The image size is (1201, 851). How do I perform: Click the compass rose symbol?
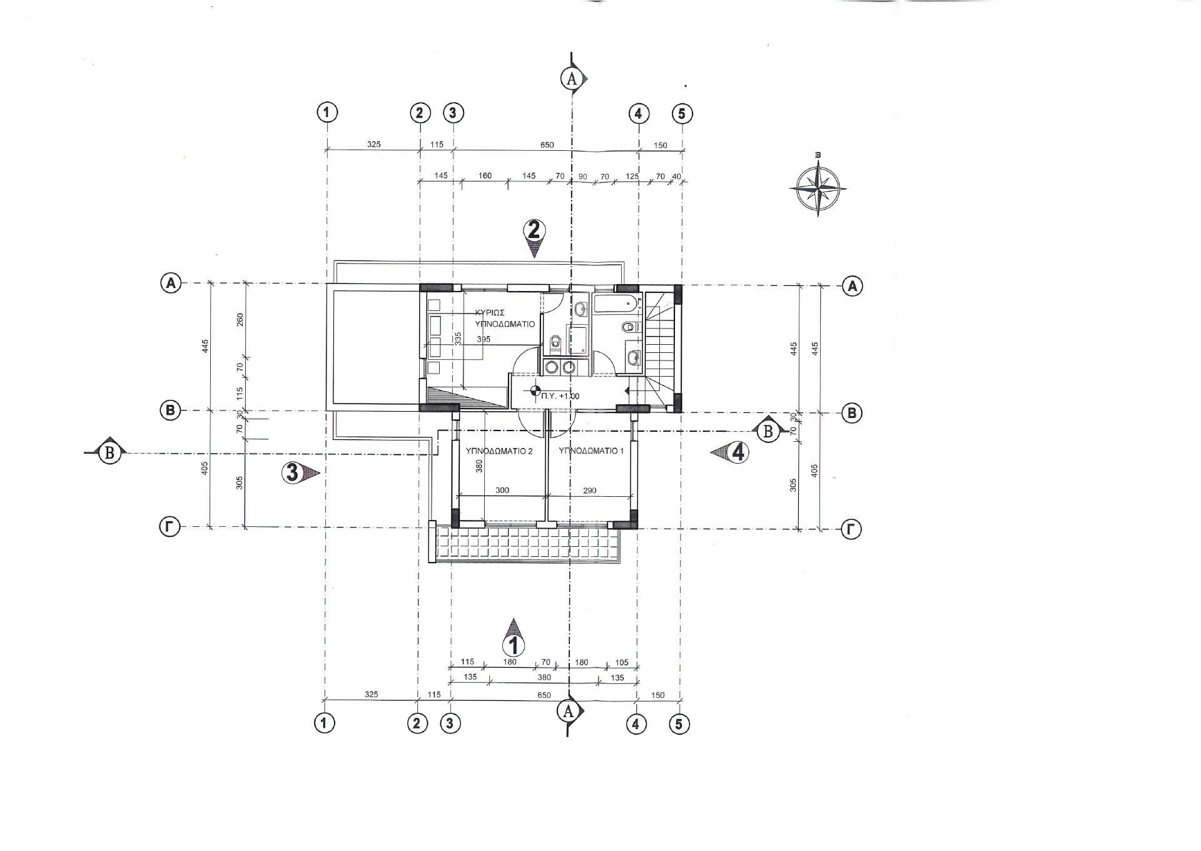[818, 187]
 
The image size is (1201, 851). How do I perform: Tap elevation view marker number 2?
[534, 238]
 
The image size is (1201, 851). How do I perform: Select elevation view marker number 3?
[300, 472]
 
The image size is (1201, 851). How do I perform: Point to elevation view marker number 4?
[730, 452]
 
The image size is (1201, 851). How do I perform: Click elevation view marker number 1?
[514, 636]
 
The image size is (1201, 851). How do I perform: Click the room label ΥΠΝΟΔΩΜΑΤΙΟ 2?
[499, 451]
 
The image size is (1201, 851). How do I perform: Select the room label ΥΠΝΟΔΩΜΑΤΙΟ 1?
[591, 451]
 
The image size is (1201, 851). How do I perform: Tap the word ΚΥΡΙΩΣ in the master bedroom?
[490, 312]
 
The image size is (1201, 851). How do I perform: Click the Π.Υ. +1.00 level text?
[560, 396]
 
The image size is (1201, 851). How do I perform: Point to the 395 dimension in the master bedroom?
[484, 339]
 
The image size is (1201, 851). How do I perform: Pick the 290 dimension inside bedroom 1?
[589, 491]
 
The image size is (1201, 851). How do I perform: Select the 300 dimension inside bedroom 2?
[502, 491]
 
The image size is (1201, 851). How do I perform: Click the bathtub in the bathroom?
[616, 305]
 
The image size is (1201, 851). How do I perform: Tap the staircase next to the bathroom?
[659, 350]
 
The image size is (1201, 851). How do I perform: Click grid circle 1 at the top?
[327, 113]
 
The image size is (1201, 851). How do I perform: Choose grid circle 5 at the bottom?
[679, 724]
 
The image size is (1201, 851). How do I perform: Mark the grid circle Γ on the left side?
[169, 527]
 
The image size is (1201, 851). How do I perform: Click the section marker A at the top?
[572, 79]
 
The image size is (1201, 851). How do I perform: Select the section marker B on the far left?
[110, 452]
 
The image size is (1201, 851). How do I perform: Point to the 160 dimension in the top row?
[485, 176]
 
